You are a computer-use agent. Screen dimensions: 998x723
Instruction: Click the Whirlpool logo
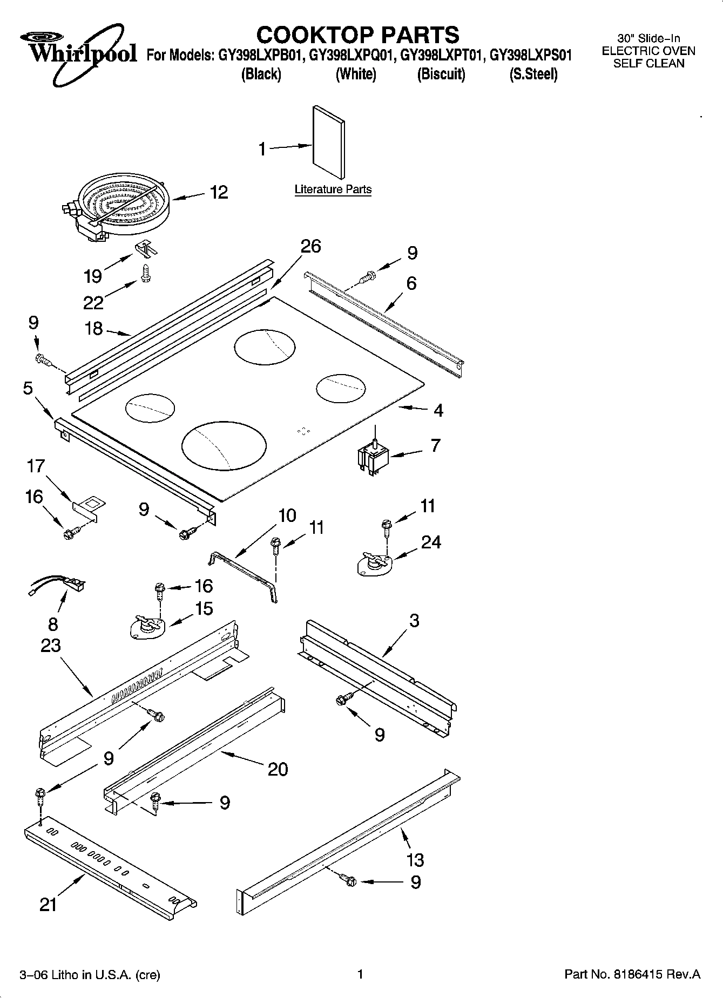(78, 51)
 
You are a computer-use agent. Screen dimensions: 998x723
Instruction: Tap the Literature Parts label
(333, 189)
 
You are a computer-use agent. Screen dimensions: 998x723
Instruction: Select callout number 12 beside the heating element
(219, 192)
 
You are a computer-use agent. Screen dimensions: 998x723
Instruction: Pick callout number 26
(310, 247)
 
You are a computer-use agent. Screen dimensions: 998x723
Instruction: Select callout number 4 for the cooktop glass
(438, 411)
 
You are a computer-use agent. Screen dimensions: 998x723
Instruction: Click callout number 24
(431, 542)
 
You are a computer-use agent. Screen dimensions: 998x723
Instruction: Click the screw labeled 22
(145, 273)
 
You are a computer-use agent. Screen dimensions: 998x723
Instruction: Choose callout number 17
(36, 466)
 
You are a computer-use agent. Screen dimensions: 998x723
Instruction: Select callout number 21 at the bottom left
(48, 905)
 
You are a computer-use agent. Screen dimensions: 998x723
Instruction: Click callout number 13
(415, 859)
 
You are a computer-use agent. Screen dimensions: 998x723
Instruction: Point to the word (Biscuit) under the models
(441, 74)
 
